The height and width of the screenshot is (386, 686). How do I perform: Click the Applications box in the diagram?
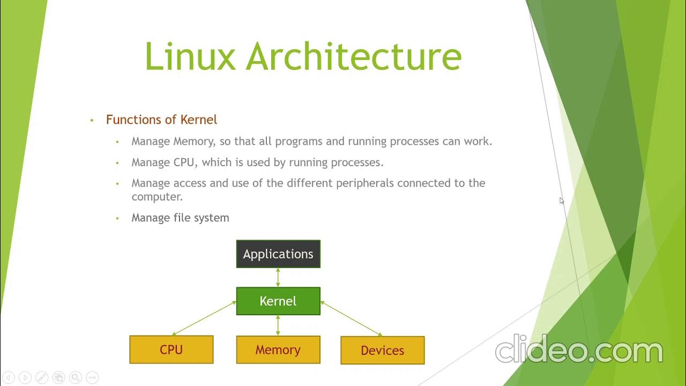tap(278, 254)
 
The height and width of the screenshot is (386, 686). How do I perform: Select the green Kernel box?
tap(278, 301)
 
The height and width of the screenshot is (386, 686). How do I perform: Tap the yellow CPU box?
tap(171, 350)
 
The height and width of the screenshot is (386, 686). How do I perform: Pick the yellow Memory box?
tap(278, 350)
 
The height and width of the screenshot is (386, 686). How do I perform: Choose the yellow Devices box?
tap(383, 350)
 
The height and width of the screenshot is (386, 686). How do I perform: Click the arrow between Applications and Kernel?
tap(278, 277)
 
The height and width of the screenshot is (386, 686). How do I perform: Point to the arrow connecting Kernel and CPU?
tap(204, 318)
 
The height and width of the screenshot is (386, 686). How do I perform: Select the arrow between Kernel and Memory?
tap(278, 325)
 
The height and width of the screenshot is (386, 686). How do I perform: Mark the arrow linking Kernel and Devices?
tap(351, 318)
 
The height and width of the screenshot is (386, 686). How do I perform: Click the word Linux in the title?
tap(190, 56)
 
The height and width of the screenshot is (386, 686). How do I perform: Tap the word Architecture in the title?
tap(354, 56)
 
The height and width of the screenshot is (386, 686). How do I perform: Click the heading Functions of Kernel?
tap(161, 120)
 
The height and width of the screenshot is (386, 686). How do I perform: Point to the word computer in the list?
tap(156, 197)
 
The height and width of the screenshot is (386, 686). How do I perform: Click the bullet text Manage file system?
tap(180, 218)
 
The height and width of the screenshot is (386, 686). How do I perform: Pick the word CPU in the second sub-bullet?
tap(184, 162)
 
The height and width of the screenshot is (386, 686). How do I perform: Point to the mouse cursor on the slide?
tap(561, 200)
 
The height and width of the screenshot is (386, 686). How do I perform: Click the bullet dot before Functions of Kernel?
tap(92, 120)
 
